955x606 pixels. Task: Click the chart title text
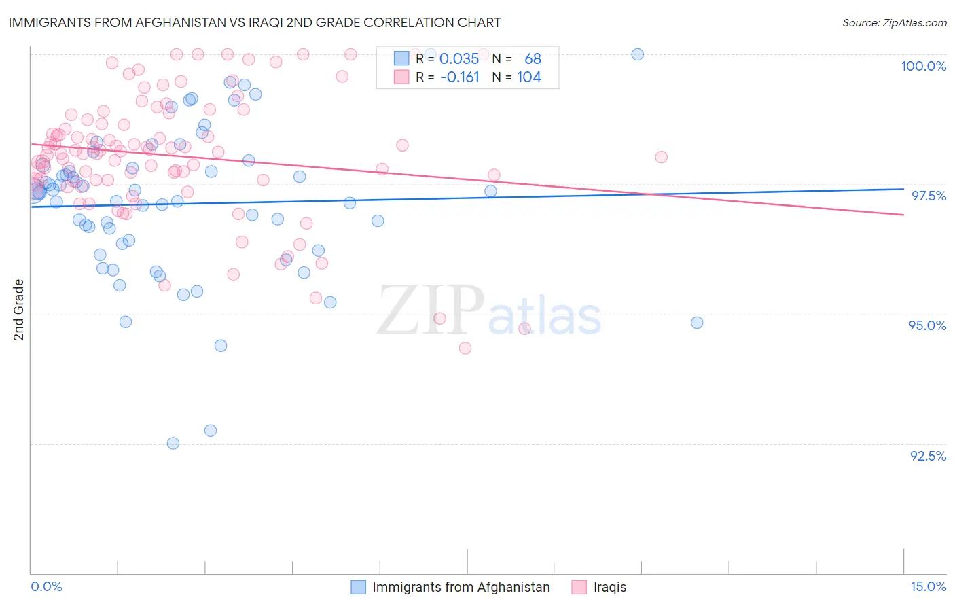tap(255, 22)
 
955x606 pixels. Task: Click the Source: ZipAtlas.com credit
tap(894, 22)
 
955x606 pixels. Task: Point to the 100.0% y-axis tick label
tap(923, 66)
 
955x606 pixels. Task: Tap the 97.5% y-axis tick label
tap(928, 196)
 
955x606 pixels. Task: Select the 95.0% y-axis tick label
tap(927, 325)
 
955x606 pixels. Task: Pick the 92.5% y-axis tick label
tap(928, 456)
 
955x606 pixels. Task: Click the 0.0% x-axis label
tap(46, 586)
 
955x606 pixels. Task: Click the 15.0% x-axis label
tap(927, 586)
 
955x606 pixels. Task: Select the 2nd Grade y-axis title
tap(19, 310)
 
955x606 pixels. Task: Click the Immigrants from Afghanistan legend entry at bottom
tap(461, 587)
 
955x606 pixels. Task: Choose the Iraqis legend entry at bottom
tap(609, 587)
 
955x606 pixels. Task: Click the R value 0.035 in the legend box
tap(459, 58)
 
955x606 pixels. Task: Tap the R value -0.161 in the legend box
tap(460, 77)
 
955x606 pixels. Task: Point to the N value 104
tap(529, 77)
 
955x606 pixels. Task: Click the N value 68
tap(533, 58)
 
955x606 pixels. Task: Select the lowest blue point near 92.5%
tap(173, 443)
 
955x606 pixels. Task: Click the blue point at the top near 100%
tap(637, 54)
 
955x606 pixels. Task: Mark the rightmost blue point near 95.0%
tap(697, 323)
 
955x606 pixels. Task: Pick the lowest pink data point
tap(465, 348)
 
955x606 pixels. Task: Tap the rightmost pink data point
tap(661, 157)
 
